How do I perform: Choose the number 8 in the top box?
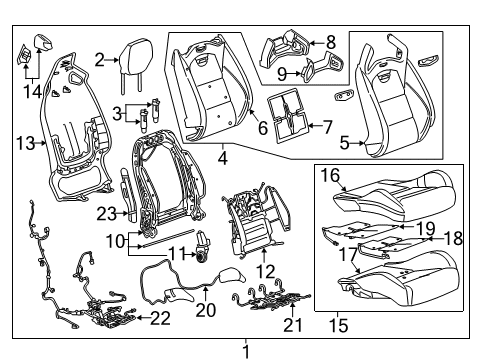pos(330,42)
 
